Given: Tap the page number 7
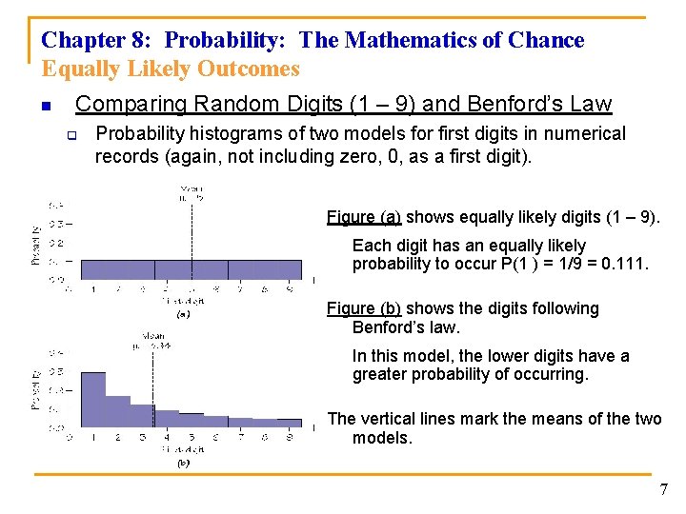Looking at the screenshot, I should click(x=664, y=489).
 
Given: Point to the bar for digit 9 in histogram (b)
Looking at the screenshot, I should click(x=290, y=423).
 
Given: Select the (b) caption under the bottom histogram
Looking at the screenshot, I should click(x=183, y=464).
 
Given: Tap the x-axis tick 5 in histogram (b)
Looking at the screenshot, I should click(x=192, y=438).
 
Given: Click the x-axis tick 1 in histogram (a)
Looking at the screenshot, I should click(x=92, y=287).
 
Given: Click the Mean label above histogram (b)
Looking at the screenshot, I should click(x=153, y=334).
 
